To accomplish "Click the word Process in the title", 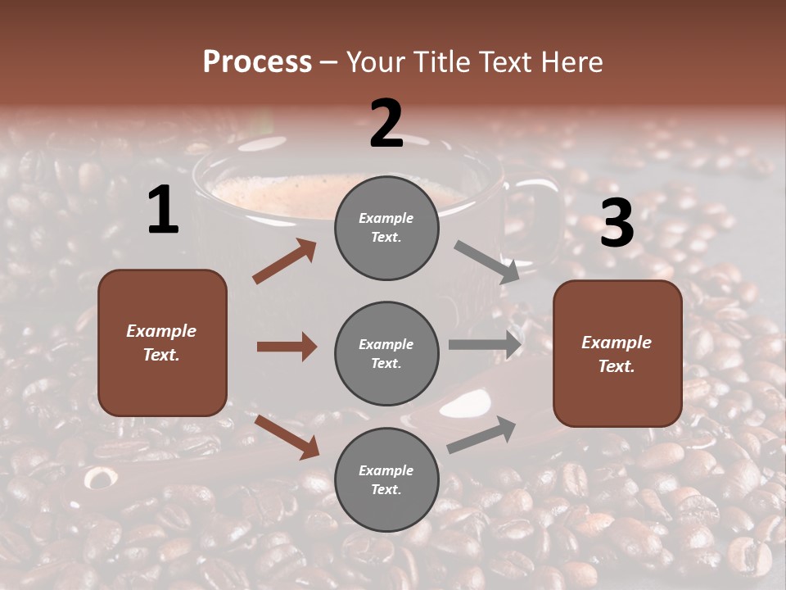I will (x=257, y=62).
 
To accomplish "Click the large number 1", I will (x=163, y=211).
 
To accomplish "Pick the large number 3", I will (x=617, y=223).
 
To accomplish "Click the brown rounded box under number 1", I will (x=162, y=343).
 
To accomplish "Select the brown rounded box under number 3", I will (x=617, y=354).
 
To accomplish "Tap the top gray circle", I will (x=386, y=228).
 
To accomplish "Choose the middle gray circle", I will (x=386, y=353).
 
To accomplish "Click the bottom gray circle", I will (x=386, y=479).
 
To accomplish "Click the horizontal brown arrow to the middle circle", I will (x=287, y=347).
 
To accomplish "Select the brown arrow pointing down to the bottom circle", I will (x=287, y=437).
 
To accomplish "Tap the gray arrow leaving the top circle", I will (x=486, y=261).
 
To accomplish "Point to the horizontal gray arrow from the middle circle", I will (x=485, y=344).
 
